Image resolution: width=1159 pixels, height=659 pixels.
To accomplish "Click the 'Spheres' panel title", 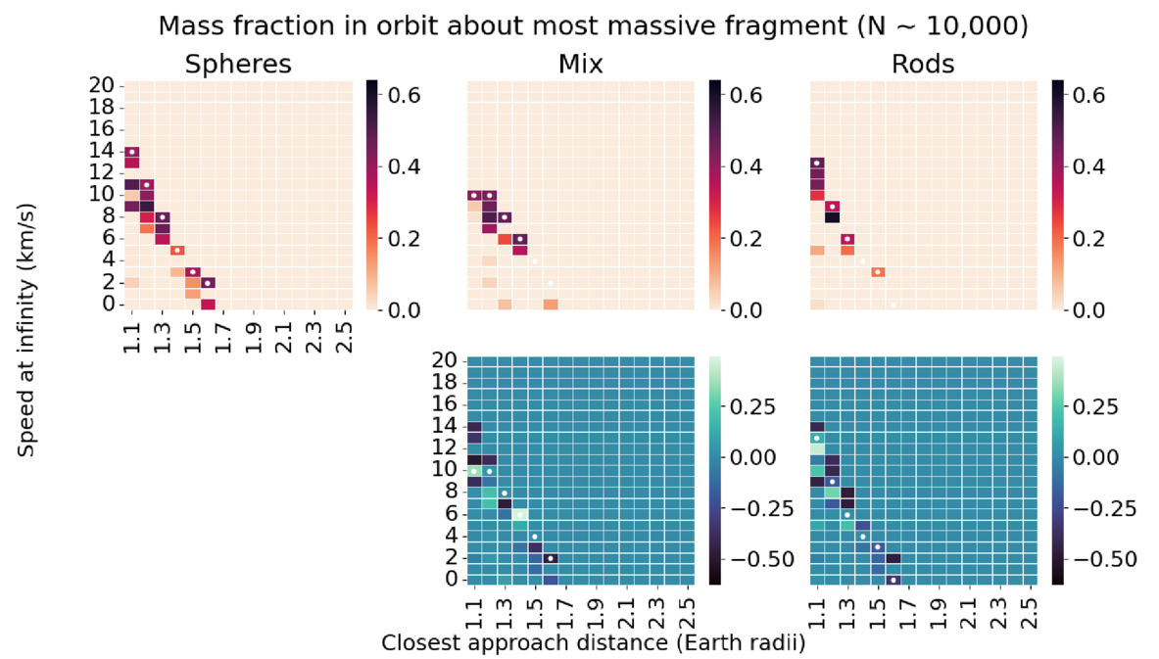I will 239,65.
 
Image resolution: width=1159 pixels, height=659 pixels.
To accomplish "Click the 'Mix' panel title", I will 582,65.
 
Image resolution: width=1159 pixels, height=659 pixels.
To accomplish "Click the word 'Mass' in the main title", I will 190,26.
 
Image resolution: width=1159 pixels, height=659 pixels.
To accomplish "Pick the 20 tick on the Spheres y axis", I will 102,85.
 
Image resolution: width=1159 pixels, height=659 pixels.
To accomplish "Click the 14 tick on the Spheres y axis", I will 102,151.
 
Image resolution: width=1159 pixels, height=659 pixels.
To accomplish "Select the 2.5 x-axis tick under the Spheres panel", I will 344,335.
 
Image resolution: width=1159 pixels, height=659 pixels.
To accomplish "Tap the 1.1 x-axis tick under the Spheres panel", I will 131,335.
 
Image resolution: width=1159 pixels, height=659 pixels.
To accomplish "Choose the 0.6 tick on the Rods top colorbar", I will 1084,95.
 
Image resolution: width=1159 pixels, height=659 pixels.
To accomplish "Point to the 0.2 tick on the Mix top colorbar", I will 740,238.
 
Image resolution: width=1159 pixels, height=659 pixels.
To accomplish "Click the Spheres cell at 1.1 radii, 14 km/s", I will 131,151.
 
